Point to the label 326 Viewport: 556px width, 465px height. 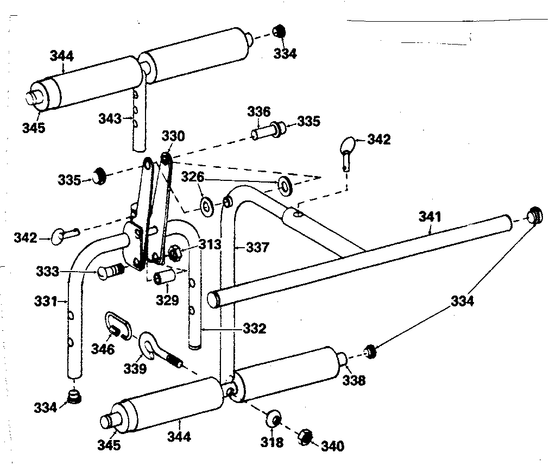(x=192, y=177)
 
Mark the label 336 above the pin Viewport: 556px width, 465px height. (x=258, y=112)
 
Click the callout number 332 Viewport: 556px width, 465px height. (x=254, y=329)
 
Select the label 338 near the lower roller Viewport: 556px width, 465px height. (x=353, y=380)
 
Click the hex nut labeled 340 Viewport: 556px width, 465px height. (x=306, y=436)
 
